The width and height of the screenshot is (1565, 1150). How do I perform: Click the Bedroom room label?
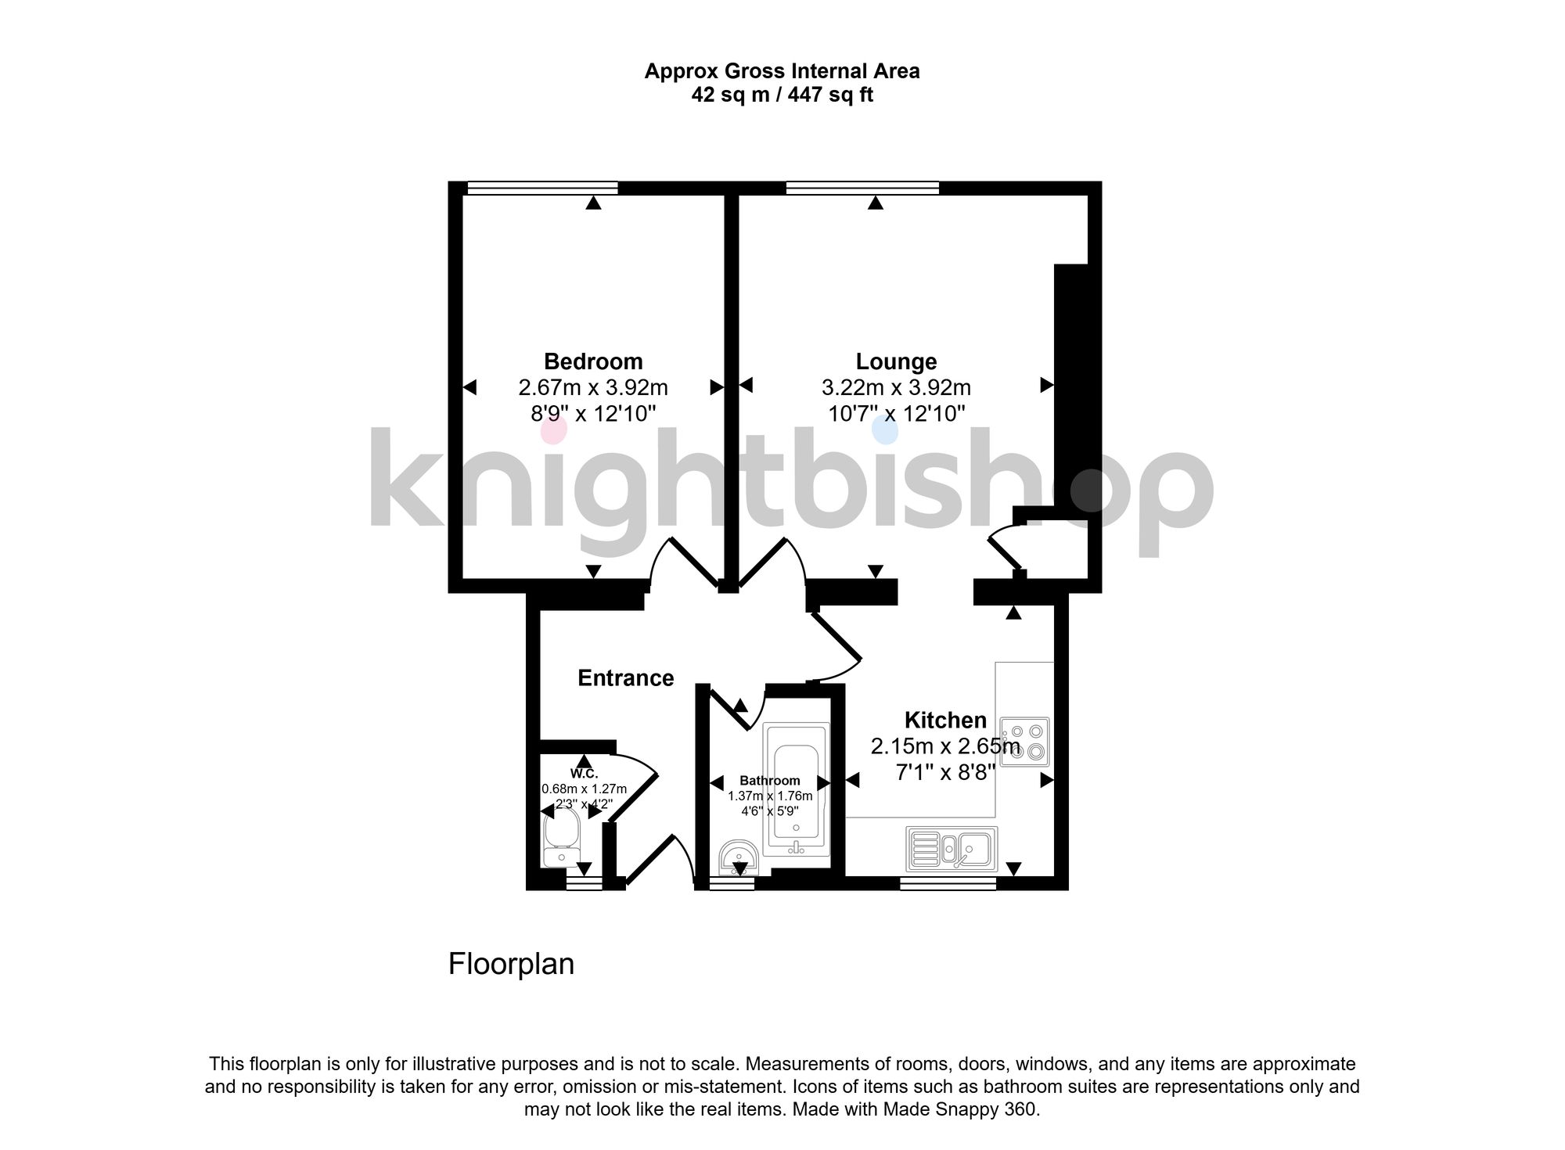[x=593, y=361]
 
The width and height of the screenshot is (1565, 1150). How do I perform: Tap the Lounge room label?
[x=896, y=361]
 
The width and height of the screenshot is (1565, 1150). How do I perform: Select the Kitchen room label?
[x=945, y=720]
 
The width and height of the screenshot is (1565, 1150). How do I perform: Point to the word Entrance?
[x=625, y=677]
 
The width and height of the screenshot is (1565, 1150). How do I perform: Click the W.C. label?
[x=584, y=773]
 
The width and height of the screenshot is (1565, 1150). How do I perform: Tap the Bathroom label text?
[x=770, y=781]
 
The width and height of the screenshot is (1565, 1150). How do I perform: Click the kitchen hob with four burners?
[x=1024, y=741]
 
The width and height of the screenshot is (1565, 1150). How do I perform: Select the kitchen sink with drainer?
[x=951, y=849]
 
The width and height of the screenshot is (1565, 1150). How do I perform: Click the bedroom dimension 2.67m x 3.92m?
[x=593, y=387]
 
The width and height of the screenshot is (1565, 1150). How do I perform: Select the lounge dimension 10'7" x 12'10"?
[x=896, y=413]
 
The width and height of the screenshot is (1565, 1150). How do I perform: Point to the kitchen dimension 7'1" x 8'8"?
[x=945, y=773]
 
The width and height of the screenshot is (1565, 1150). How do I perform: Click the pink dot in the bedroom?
[x=553, y=430]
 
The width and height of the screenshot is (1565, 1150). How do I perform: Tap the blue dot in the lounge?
[x=885, y=430]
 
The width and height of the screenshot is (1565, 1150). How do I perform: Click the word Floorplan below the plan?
[x=511, y=964]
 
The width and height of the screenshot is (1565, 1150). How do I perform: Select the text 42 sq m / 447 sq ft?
[x=782, y=95]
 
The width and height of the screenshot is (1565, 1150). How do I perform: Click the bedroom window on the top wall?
[x=542, y=188]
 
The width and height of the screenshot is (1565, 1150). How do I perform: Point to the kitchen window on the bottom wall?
[x=948, y=883]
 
